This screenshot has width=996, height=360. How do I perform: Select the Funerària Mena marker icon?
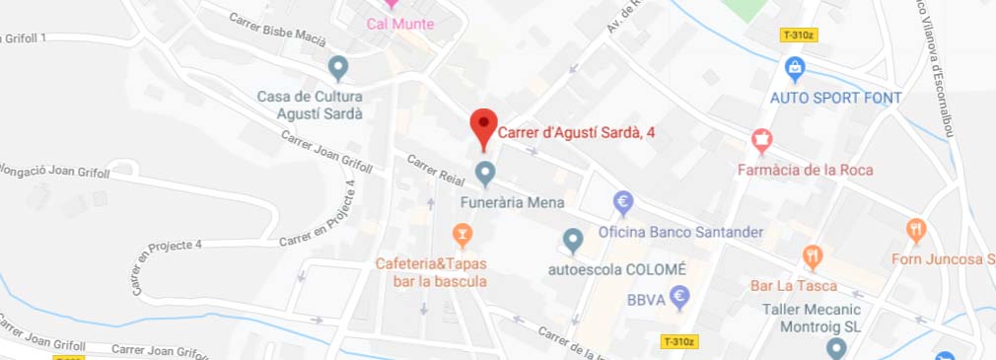pos(484,174)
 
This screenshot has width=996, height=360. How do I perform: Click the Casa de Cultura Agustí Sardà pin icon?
pos(338,67)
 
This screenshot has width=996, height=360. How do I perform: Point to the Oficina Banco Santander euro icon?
pos(623,203)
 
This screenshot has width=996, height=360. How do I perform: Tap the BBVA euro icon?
pos(678,296)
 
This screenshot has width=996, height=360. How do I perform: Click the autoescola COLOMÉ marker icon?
pos(573,239)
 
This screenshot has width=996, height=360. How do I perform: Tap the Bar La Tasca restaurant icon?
pos(812,257)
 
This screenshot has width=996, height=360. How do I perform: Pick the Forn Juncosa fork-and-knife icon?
pos(916,231)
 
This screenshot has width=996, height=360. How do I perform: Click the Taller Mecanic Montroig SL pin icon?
pos(836,347)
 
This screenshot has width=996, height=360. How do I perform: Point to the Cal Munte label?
pos(399,24)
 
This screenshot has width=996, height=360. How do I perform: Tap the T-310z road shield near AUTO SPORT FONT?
pos(799,35)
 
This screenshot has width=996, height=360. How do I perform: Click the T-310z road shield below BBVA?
pos(679,341)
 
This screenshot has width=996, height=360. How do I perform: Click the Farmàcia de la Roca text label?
pos(805,170)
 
